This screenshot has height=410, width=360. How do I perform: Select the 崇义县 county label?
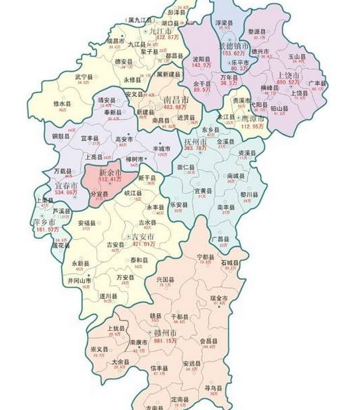click(x=99, y=348)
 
